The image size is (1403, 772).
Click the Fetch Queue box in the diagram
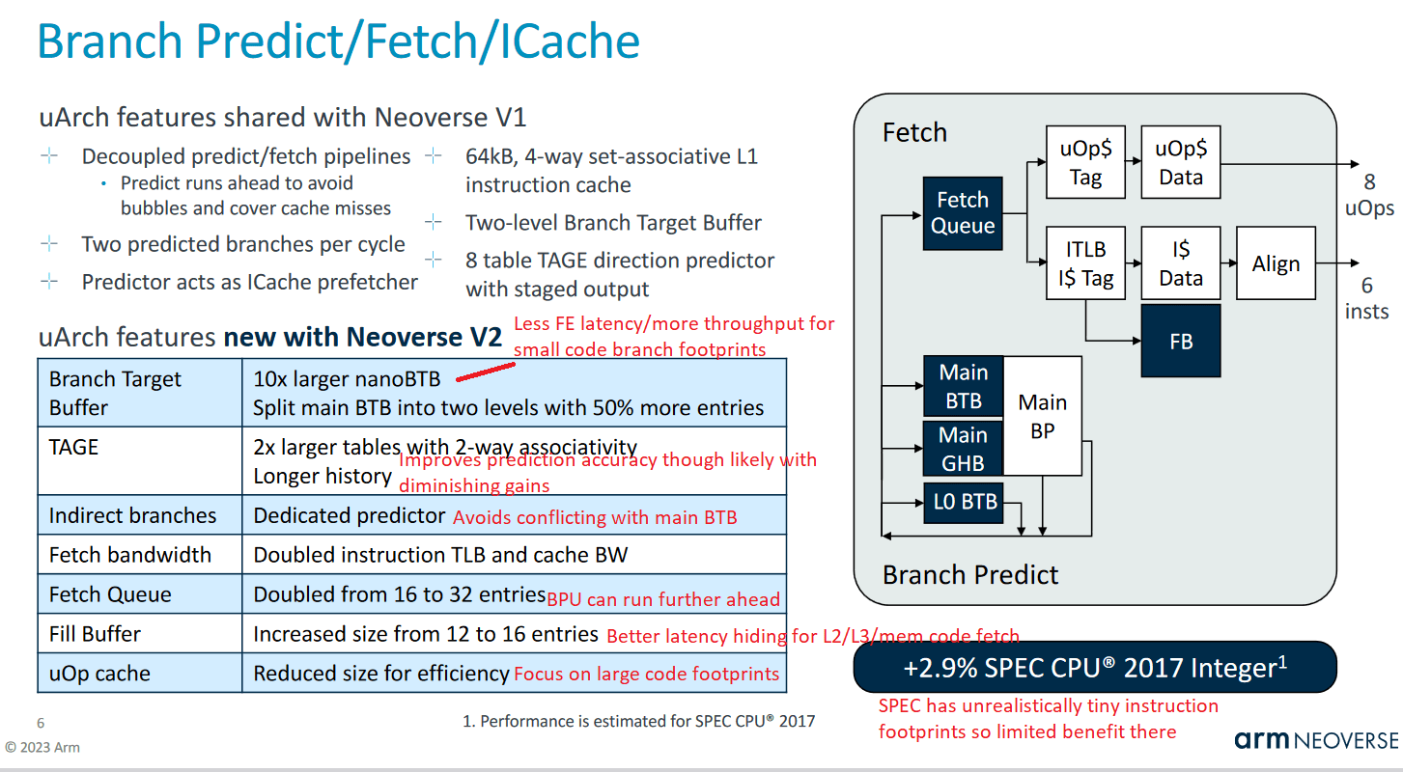(x=963, y=213)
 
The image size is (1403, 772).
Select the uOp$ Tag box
(x=1085, y=162)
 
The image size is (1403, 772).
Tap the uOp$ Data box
(x=1180, y=162)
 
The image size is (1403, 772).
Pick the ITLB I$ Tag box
(x=1085, y=264)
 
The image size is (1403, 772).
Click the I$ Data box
(x=1180, y=264)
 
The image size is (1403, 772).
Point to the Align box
(x=1276, y=264)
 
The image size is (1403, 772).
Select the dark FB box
(x=1180, y=341)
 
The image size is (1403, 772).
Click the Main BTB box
(x=963, y=387)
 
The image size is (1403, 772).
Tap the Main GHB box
(x=963, y=449)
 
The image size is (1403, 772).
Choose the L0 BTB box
(x=962, y=502)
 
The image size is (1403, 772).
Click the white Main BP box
(x=1043, y=416)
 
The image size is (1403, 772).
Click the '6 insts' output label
(x=1366, y=298)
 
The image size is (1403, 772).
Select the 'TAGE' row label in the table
(x=74, y=447)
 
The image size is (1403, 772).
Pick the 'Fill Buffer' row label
(x=95, y=634)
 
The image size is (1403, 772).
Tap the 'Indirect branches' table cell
(x=132, y=515)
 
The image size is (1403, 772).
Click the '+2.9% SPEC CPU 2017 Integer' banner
(x=1095, y=668)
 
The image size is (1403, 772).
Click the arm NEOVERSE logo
(x=1315, y=740)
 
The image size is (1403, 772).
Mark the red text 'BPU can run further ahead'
(x=663, y=599)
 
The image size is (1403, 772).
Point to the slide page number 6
(x=41, y=723)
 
